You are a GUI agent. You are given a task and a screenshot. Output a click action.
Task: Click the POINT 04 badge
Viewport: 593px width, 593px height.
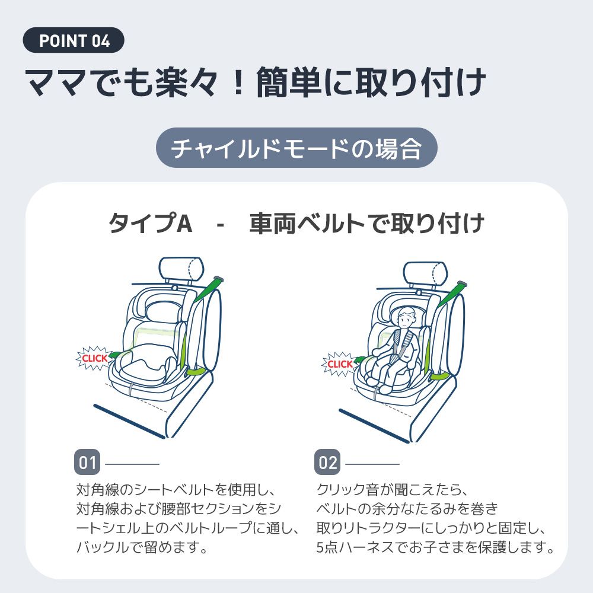[x=74, y=41]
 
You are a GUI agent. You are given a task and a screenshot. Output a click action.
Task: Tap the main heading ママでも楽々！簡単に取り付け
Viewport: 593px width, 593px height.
[x=255, y=84]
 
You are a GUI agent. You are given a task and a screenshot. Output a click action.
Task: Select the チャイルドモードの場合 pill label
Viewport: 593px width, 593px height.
[x=296, y=148]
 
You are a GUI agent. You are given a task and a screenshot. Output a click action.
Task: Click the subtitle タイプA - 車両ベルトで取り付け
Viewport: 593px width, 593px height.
[x=296, y=224]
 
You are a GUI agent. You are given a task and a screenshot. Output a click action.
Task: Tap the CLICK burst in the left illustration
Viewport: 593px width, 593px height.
[x=94, y=358]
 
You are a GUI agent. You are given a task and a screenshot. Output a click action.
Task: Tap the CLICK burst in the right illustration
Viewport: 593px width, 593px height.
[x=340, y=364]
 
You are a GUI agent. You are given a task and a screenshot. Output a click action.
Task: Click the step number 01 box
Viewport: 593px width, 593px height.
[x=88, y=463]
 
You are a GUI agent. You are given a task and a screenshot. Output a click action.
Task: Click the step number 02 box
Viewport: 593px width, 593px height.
[x=328, y=463]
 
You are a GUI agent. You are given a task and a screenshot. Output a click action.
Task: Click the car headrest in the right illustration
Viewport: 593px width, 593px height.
[x=425, y=273]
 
